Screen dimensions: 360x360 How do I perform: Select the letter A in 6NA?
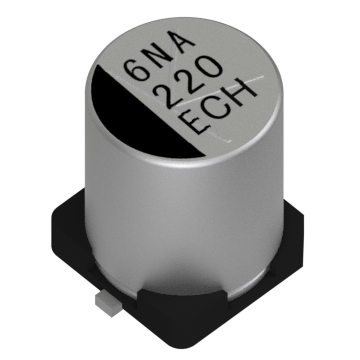coord(180,42)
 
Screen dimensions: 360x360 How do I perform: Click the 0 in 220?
coord(209,69)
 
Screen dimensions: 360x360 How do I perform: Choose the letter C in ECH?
coord(218,107)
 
